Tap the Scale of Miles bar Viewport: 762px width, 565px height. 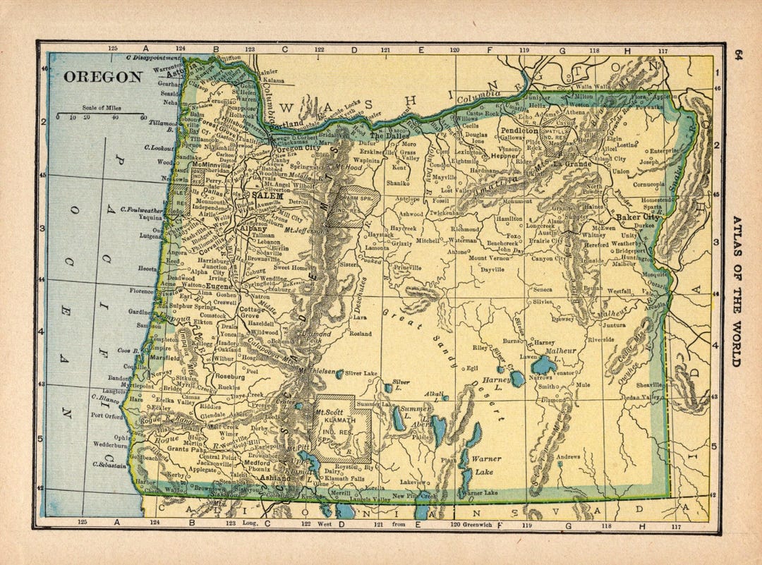[x=100, y=112]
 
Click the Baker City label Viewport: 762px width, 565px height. [x=638, y=217]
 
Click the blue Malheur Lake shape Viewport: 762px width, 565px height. [x=544, y=365]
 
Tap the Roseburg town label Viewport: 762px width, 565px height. [x=229, y=377]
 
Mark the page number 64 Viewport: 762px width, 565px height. [x=738, y=56]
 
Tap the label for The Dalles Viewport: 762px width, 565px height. [x=386, y=116]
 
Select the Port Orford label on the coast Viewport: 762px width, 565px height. [x=107, y=415]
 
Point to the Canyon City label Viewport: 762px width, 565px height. [x=547, y=258]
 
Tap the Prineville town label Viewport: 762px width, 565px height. [x=408, y=268]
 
